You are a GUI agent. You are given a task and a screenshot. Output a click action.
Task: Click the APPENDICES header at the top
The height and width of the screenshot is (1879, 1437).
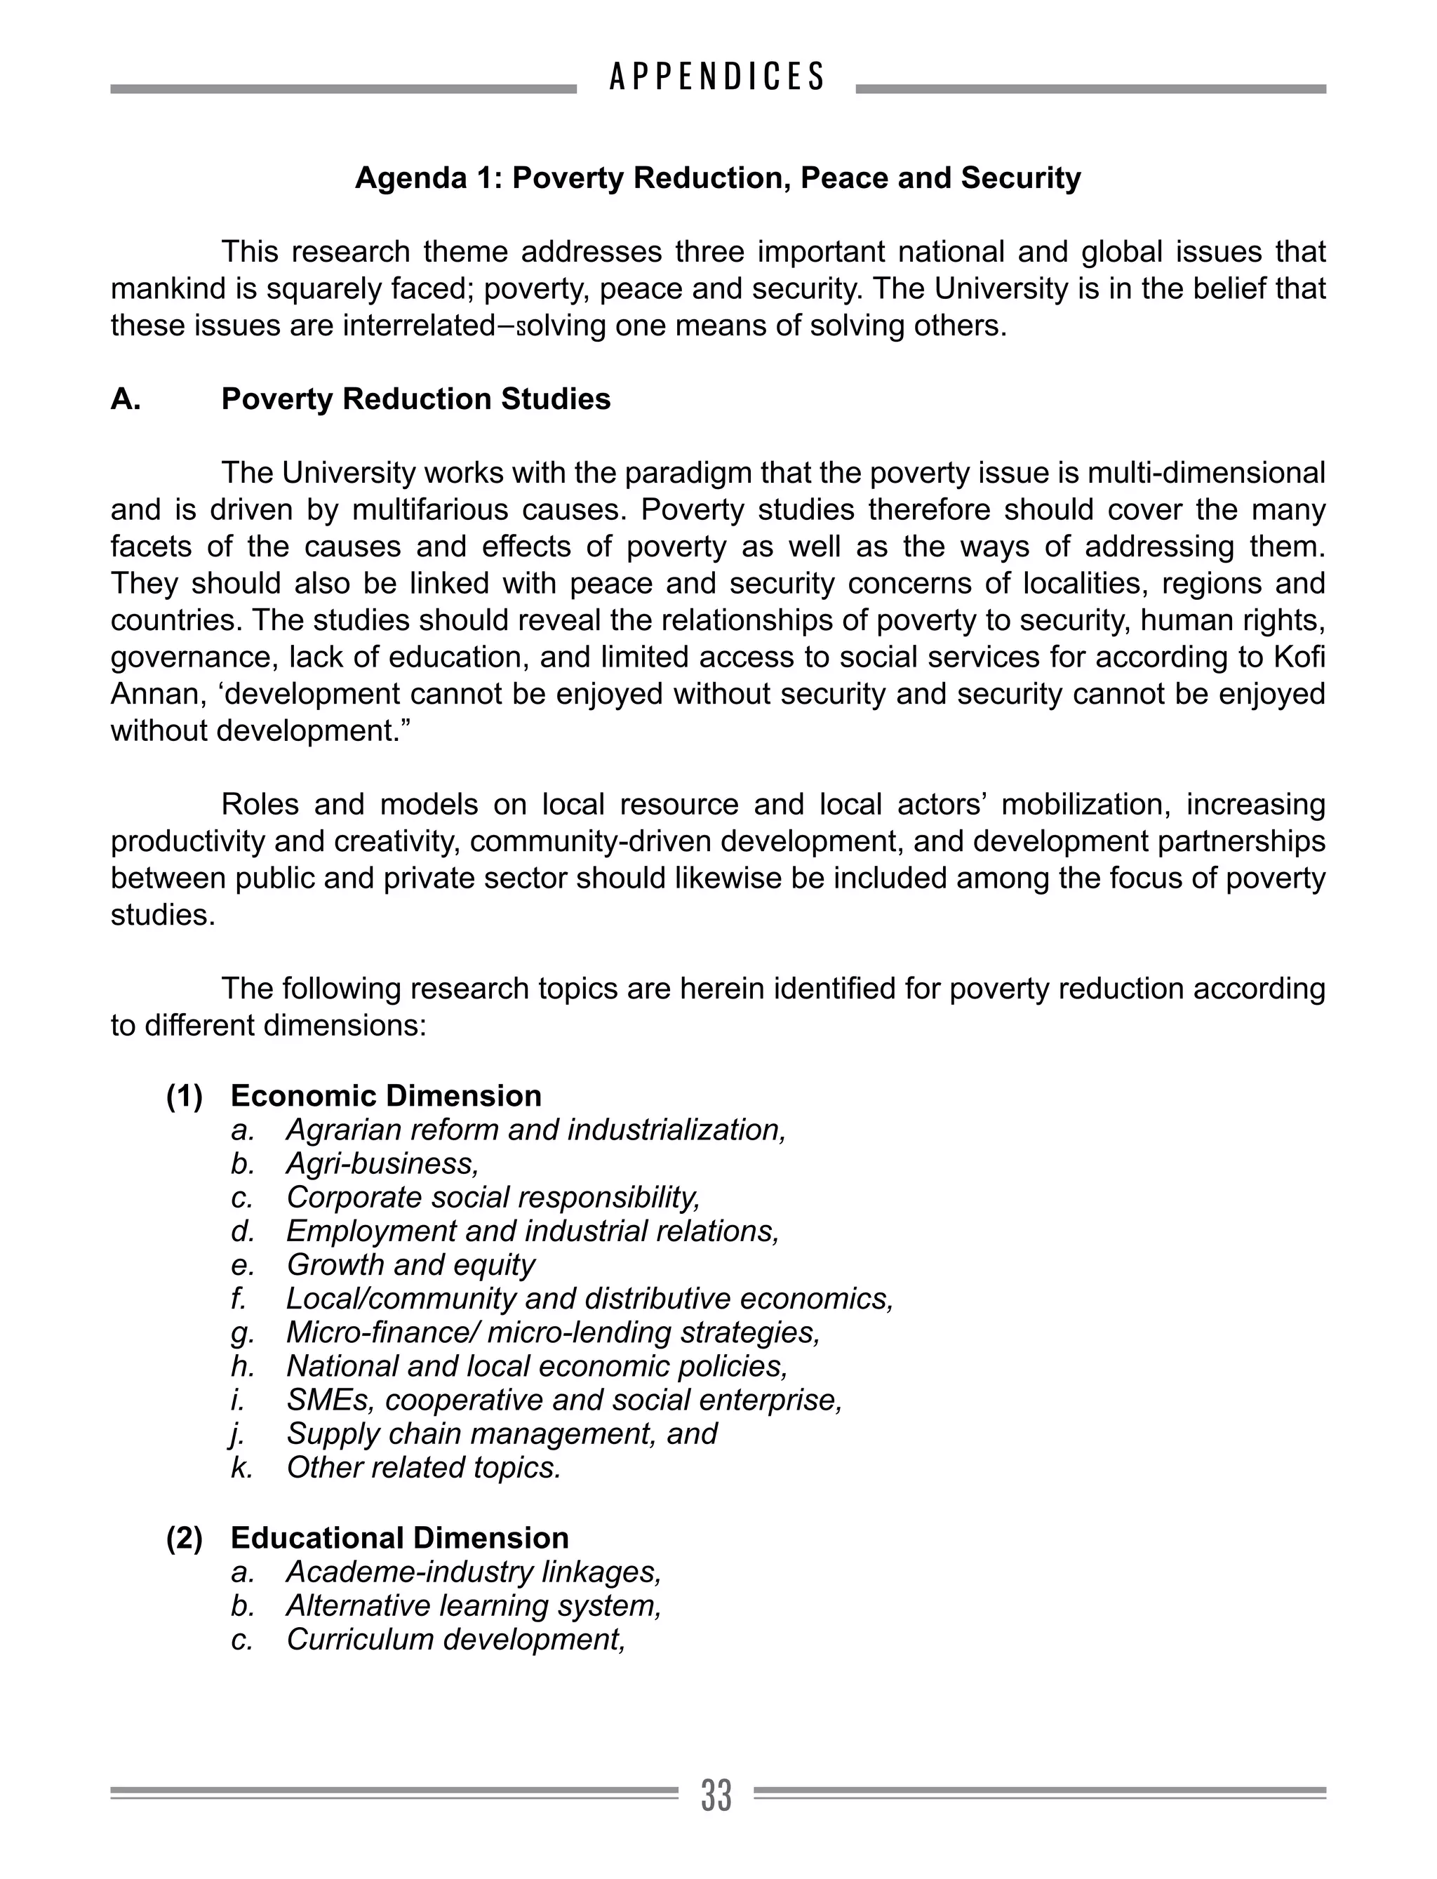[x=717, y=77]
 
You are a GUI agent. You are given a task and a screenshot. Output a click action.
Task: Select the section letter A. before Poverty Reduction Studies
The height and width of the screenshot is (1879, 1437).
[x=126, y=399]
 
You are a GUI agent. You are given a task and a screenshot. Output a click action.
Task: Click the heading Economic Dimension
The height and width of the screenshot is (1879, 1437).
[x=386, y=1095]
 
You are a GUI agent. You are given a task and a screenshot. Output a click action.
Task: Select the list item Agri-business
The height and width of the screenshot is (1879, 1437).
[x=382, y=1163]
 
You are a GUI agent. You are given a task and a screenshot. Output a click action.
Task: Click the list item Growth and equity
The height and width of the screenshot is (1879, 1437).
[x=410, y=1264]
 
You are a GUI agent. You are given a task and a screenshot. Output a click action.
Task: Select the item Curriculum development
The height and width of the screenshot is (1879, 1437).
[x=455, y=1638]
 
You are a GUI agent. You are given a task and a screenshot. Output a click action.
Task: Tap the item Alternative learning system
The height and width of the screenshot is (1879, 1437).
[x=473, y=1605]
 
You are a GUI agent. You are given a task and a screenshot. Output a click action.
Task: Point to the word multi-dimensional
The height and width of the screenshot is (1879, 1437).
[x=1192, y=473]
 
